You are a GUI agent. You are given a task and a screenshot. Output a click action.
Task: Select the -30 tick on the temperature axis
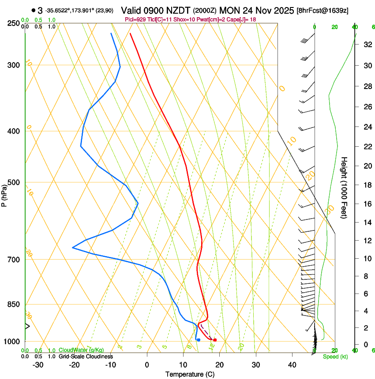[38, 364]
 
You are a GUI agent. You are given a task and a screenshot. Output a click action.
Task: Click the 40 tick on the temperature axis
[292, 364]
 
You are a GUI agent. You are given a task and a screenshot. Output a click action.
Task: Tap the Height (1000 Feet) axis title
[345, 187]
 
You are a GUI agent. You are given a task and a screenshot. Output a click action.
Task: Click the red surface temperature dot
[215, 340]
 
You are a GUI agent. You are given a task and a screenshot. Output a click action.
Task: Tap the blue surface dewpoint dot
[199, 340]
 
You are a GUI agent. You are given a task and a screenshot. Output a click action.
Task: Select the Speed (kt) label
[335, 357]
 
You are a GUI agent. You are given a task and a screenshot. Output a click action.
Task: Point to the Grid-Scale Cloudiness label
[86, 357]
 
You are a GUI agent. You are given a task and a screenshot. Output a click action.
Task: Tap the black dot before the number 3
[34, 10]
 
